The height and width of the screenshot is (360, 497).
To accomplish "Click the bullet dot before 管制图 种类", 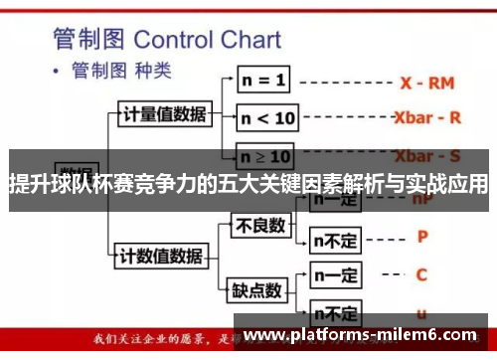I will click(57, 73).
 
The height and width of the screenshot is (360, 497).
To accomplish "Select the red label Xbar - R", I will click(427, 116).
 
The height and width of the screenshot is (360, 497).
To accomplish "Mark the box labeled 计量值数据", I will click(163, 113).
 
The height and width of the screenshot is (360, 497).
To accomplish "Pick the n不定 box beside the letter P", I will click(334, 239).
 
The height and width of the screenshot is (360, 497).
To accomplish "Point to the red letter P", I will click(421, 238).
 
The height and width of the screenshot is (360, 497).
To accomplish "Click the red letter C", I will click(421, 273).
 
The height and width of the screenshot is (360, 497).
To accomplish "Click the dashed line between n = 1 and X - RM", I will click(344, 81).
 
